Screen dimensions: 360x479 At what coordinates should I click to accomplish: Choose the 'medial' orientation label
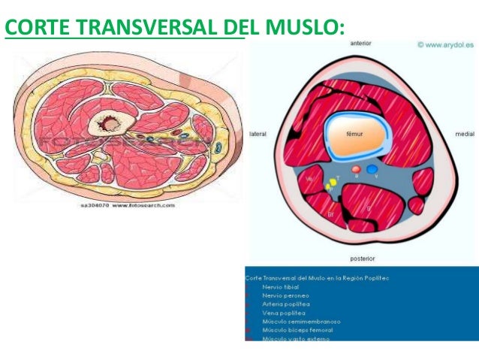[x=464, y=134]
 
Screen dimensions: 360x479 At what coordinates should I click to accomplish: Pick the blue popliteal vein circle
[x=372, y=170]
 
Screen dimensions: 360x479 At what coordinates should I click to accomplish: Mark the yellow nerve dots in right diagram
[x=330, y=183]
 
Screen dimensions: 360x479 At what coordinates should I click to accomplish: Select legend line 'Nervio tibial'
[x=282, y=287]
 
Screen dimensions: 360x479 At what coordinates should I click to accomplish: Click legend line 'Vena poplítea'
[x=282, y=312]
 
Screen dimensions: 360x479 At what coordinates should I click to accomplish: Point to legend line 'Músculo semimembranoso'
[x=296, y=321]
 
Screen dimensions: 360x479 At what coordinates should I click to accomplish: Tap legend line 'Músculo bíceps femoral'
[x=297, y=329]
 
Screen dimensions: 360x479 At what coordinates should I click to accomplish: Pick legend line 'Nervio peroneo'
[x=285, y=295]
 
